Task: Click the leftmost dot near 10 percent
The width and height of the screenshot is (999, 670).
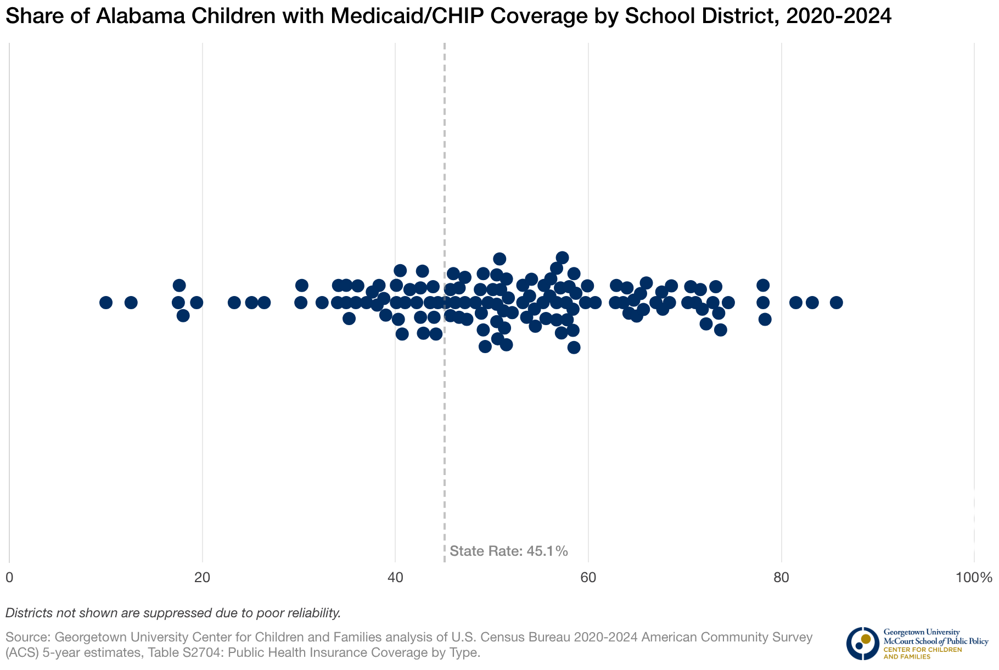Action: pyautogui.click(x=106, y=303)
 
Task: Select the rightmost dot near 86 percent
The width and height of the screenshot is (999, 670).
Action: pyautogui.click(x=836, y=303)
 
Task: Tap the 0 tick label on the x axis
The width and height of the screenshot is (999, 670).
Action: pyautogui.click(x=9, y=578)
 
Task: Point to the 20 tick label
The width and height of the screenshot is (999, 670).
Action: pyautogui.click(x=203, y=578)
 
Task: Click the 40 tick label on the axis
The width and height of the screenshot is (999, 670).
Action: pyautogui.click(x=395, y=578)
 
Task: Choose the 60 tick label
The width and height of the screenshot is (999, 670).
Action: pyautogui.click(x=588, y=578)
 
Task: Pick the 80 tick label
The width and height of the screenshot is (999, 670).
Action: pyautogui.click(x=781, y=578)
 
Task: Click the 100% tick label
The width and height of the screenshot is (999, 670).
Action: pyautogui.click(x=973, y=578)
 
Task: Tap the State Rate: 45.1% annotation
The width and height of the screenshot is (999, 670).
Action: pyautogui.click(x=508, y=551)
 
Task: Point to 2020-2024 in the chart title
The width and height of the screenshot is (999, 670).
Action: pyautogui.click(x=838, y=16)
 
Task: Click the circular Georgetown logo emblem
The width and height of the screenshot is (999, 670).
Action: pyautogui.click(x=862, y=643)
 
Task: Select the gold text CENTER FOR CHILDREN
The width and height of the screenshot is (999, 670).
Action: pyautogui.click(x=922, y=650)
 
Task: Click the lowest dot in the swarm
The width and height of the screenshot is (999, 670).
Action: pyautogui.click(x=574, y=347)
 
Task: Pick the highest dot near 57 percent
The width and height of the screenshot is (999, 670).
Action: pyautogui.click(x=562, y=258)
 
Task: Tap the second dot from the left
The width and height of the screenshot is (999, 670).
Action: pyautogui.click(x=131, y=303)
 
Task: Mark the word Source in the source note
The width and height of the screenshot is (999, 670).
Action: pyautogui.click(x=26, y=638)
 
